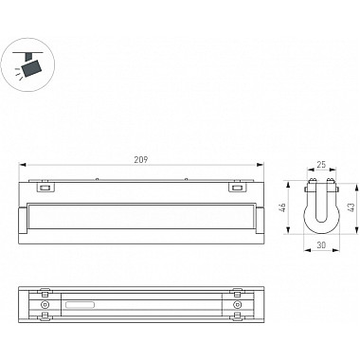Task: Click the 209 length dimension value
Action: [141, 160]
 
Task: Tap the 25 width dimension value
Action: [321, 164]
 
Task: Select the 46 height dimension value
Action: [283, 207]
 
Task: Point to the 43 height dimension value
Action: [352, 207]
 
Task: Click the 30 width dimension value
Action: [321, 244]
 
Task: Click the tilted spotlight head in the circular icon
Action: [31, 68]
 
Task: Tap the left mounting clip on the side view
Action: [45, 188]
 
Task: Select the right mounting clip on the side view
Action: [237, 188]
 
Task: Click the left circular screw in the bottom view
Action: [45, 305]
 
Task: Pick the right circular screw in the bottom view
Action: [236, 305]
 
